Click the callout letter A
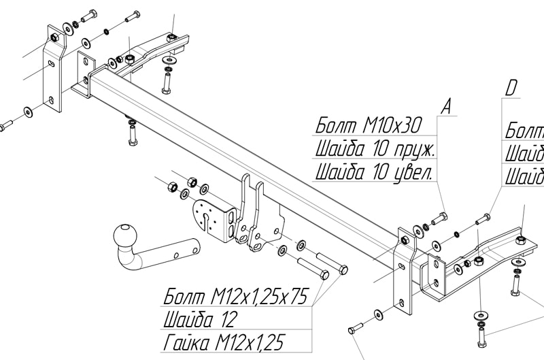(445, 106)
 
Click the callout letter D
(512, 88)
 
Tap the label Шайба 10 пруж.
(375, 148)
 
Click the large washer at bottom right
(481, 316)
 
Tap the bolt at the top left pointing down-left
(88, 16)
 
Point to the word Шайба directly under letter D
(524, 151)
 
